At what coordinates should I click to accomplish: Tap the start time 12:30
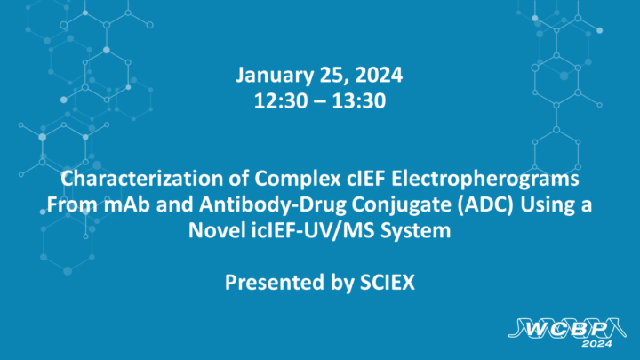coord(278,100)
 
